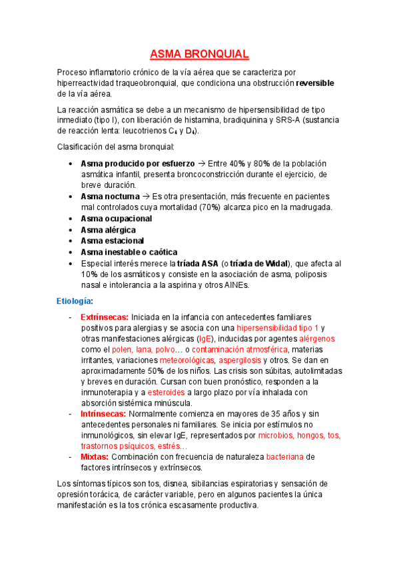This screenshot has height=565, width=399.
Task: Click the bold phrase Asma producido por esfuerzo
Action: pos(137,163)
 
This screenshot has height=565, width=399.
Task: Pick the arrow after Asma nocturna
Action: pos(145,197)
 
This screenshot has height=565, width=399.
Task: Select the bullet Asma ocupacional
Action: pos(116,219)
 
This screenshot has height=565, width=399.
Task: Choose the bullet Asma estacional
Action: pos(112,241)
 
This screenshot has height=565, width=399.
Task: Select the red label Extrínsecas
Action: pos(104,317)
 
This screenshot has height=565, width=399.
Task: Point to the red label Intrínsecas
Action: pos(103,414)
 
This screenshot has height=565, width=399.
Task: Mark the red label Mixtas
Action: pos(95,456)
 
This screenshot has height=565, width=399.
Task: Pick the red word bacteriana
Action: pos(288,456)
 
